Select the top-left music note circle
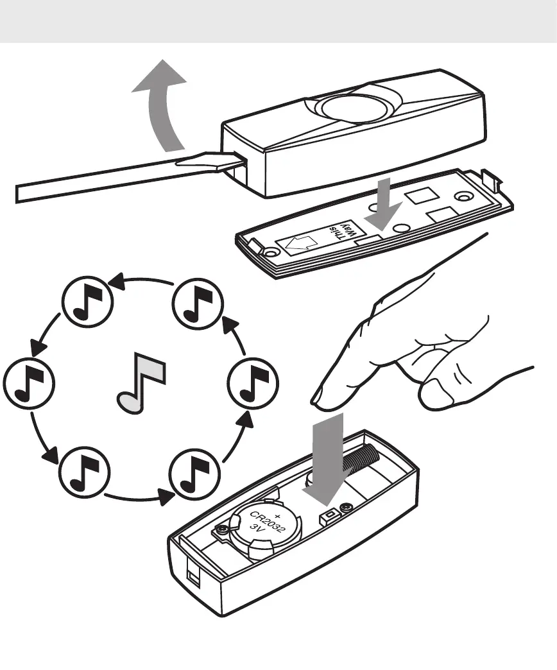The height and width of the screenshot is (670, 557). pyautogui.click(x=87, y=303)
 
